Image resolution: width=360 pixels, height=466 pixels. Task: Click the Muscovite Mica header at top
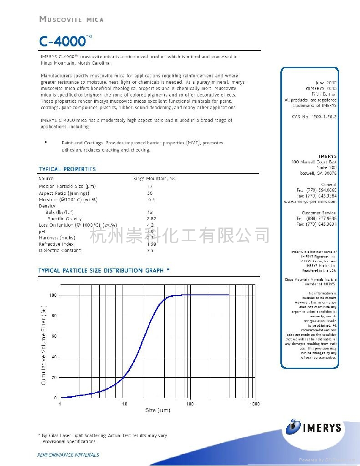[x=71, y=19]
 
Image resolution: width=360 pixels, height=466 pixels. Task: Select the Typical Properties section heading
[x=67, y=169]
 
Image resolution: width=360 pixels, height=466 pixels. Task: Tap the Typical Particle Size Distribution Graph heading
[x=104, y=270]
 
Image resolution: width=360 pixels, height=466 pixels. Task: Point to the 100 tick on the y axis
[x=53, y=295]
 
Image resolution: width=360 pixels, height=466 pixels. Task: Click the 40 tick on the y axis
[x=54, y=357]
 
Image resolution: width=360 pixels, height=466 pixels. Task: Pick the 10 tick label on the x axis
[x=124, y=404]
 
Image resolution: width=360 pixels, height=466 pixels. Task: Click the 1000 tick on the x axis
[x=254, y=404]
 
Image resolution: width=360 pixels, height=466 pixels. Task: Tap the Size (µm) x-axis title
[x=157, y=410]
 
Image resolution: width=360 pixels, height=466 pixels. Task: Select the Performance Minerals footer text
[x=68, y=455]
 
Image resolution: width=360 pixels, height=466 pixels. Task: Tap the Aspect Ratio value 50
[x=150, y=193]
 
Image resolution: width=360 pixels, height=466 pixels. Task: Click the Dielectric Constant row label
[x=60, y=251]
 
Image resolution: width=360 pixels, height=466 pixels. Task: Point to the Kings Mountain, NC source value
[x=154, y=179]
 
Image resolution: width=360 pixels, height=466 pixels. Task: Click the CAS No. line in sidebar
[x=314, y=117]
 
